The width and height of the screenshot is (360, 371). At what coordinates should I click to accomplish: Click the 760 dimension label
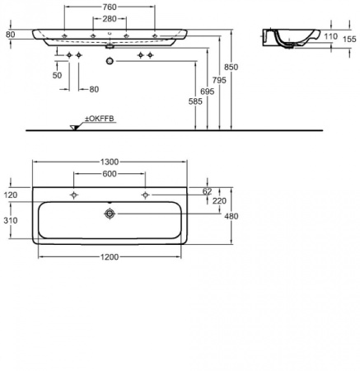click(x=110, y=7)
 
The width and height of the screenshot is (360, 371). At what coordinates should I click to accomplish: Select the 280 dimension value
click(x=110, y=19)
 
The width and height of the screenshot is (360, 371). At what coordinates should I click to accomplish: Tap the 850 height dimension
click(x=231, y=67)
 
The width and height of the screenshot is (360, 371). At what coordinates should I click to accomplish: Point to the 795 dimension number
click(x=219, y=80)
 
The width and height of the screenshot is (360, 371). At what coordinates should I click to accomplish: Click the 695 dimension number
click(x=207, y=92)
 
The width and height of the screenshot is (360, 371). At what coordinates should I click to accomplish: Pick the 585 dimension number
click(x=195, y=101)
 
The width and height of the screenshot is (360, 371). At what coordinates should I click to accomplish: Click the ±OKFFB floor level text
click(x=100, y=119)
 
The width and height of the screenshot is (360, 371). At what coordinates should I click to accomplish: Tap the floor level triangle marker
click(x=74, y=128)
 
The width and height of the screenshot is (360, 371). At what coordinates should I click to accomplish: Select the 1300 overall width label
click(x=110, y=162)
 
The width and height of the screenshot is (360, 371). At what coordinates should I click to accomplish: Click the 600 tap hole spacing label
click(x=110, y=174)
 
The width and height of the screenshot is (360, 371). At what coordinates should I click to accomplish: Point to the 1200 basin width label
click(x=110, y=257)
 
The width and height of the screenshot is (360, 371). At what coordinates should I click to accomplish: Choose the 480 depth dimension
click(x=231, y=216)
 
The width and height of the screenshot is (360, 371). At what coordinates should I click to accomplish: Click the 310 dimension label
click(x=11, y=220)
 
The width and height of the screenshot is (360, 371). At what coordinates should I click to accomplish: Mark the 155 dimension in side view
click(x=349, y=40)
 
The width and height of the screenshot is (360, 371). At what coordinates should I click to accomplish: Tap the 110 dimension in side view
click(x=330, y=36)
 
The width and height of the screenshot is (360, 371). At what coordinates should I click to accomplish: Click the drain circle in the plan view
click(x=110, y=214)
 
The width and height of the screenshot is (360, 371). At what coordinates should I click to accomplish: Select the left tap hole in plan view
click(x=73, y=195)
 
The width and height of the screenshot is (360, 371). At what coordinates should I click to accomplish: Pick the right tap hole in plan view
click(x=146, y=195)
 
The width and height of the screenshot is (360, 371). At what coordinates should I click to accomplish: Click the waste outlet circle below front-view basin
click(x=110, y=61)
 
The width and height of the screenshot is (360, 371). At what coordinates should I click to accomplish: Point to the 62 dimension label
click(x=207, y=191)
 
